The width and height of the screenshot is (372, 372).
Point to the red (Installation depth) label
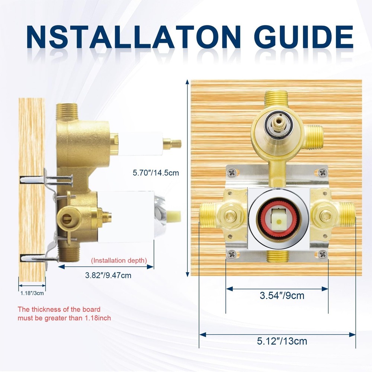click(119, 260)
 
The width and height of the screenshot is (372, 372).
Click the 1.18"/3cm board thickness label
click(32, 293)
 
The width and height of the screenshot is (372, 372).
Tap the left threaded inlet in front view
click(208, 215)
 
